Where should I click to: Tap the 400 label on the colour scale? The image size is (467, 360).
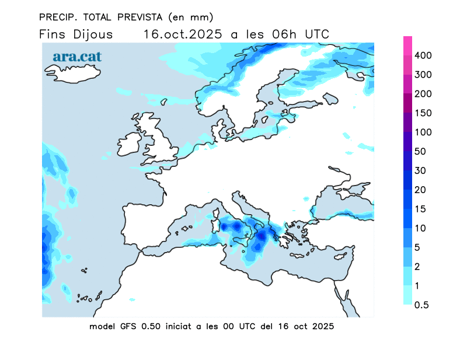(x=423, y=55)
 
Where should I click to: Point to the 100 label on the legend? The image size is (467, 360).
(x=423, y=132)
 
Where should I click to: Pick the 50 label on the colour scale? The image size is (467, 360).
(x=420, y=152)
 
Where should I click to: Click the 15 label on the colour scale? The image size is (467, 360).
(x=420, y=209)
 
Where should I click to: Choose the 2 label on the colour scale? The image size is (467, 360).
(x=417, y=267)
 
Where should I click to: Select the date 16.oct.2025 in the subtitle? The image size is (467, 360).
(x=183, y=34)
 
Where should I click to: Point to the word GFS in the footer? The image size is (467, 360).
(x=127, y=327)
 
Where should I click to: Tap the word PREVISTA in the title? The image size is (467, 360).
(x=135, y=16)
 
